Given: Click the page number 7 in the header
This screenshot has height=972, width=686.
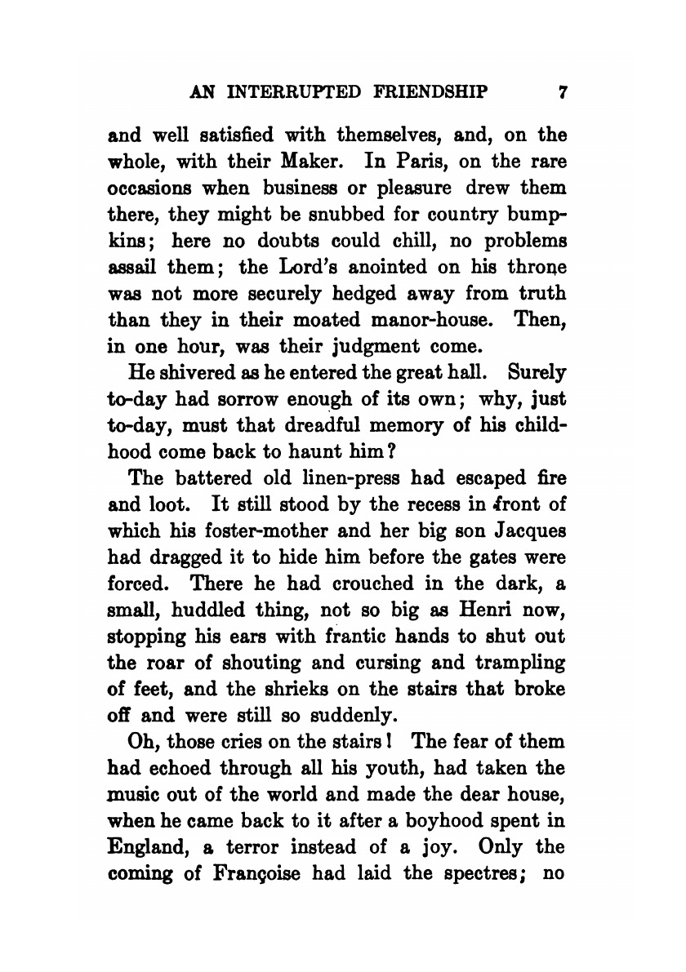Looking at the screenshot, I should click(562, 92).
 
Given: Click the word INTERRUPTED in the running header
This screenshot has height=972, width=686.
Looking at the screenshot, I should click(290, 92).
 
